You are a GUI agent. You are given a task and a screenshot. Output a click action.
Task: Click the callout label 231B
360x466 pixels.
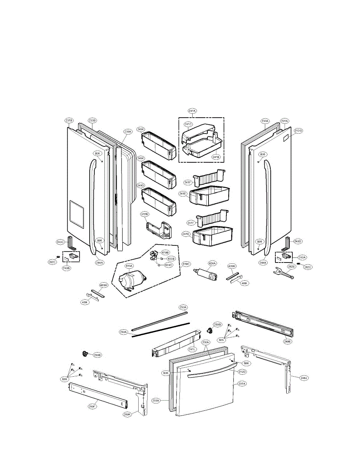click(69, 120)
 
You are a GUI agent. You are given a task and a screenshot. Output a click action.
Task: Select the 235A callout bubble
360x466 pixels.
click(128, 132)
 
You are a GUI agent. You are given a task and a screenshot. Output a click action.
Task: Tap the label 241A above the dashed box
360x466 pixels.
click(192, 111)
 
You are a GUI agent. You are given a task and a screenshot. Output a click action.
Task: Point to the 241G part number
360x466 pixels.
click(141, 186)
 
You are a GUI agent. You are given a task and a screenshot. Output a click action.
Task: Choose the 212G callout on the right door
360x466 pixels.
click(298, 130)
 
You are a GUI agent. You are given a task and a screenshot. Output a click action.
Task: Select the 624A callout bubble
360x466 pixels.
click(212, 263)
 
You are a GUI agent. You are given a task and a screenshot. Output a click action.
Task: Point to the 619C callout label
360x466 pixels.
click(186, 264)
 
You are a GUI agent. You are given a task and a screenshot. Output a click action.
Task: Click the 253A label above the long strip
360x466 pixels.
click(183, 307)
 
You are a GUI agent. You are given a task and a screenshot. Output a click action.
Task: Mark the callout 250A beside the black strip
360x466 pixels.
click(123, 332)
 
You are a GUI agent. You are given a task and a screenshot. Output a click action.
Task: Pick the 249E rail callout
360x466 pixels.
click(287, 341)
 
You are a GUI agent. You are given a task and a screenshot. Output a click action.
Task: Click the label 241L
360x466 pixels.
click(192, 349)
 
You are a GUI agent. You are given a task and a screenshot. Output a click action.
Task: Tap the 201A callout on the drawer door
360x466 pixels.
click(242, 384)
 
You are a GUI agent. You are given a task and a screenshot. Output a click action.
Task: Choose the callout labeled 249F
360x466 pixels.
click(92, 406)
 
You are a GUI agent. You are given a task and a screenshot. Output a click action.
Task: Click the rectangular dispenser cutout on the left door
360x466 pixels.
click(76, 214)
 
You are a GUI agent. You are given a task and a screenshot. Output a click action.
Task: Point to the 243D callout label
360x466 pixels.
click(297, 242)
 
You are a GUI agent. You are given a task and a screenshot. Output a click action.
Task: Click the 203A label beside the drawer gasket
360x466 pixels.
click(156, 400)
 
